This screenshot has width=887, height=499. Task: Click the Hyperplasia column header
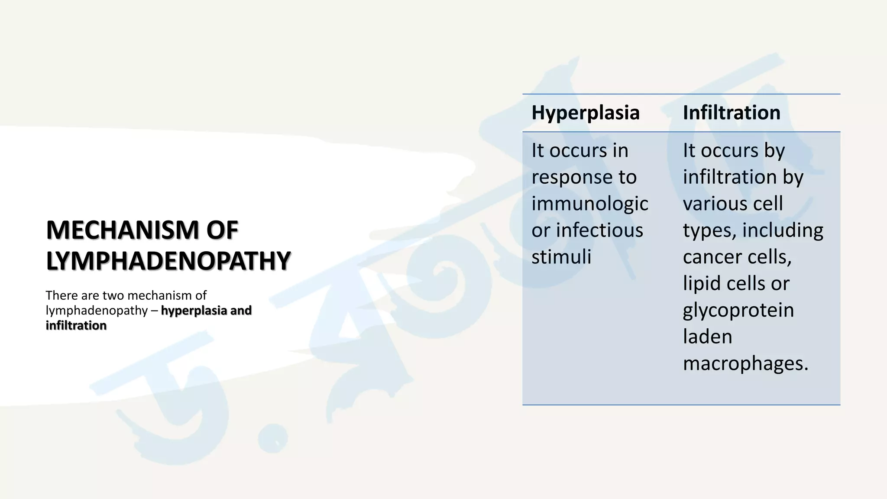tap(585, 113)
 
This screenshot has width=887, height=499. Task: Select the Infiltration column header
tap(732, 113)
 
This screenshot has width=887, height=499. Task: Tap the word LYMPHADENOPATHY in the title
tap(168, 261)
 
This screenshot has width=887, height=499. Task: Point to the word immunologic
tap(589, 204)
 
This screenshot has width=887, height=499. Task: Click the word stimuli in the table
tap(561, 257)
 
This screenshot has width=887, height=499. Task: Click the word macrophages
tap(745, 364)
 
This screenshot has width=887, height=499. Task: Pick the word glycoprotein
tap(738, 311)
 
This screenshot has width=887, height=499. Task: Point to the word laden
tap(707, 337)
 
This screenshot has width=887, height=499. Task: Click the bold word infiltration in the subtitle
tap(76, 325)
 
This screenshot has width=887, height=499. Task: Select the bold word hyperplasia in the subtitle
tap(194, 311)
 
